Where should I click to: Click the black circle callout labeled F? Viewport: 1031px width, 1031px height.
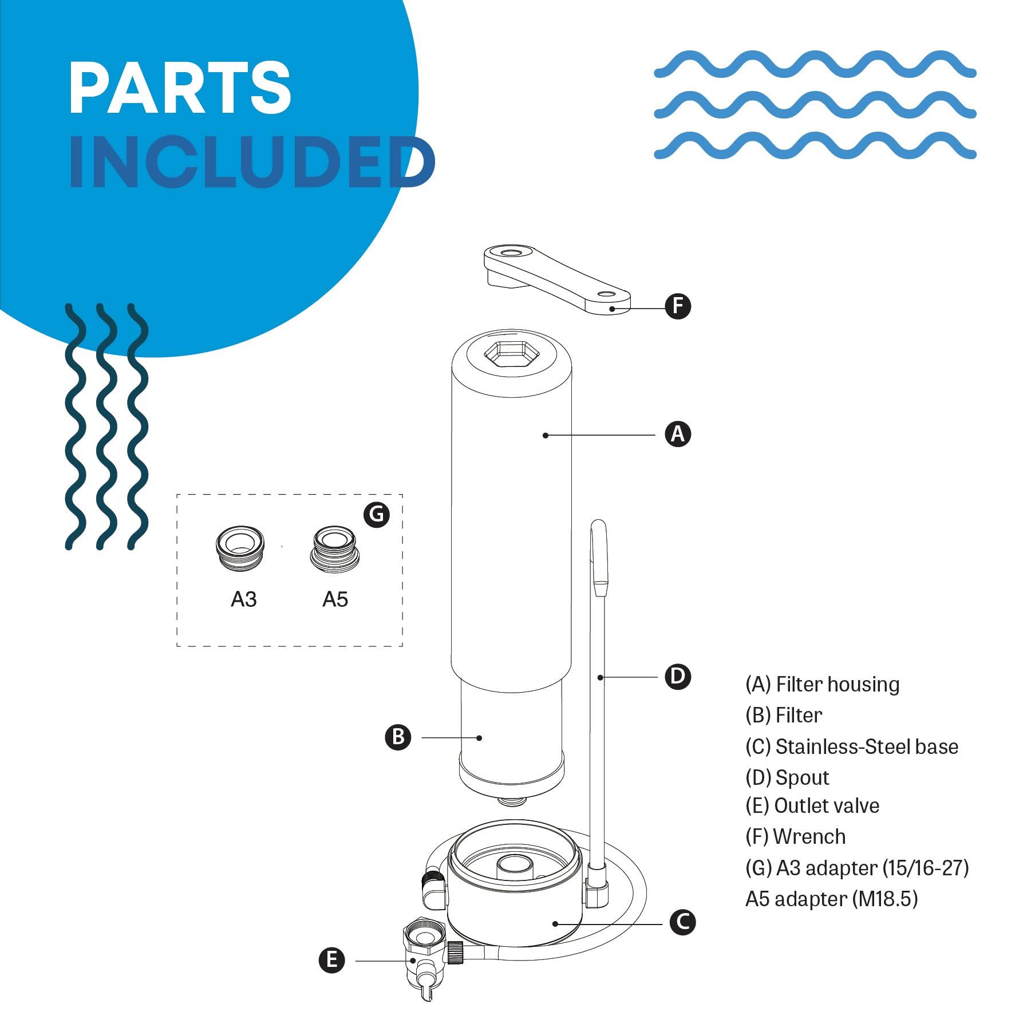pos(678,306)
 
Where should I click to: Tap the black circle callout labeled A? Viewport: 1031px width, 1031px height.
pos(678,434)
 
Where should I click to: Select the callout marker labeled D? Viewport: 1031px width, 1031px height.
pos(678,677)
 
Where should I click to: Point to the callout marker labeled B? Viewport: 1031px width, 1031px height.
pos(398,737)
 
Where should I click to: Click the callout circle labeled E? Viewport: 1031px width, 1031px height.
pos(332,960)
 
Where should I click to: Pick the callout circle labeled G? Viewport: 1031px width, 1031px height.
pos(377,515)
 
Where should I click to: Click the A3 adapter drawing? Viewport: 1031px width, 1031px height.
pos(240,549)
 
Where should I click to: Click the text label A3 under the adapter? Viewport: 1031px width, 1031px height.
pos(243,599)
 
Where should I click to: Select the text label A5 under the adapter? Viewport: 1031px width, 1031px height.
pos(335,599)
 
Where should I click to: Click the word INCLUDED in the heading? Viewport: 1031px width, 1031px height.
pos(252,163)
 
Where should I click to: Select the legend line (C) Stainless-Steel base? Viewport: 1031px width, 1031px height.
pos(851,746)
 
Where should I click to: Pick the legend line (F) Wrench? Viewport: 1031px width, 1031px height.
pos(795,836)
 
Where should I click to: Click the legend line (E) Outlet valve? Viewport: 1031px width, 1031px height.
pos(812,805)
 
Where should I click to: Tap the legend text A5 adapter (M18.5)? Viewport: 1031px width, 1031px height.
pos(831,899)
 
